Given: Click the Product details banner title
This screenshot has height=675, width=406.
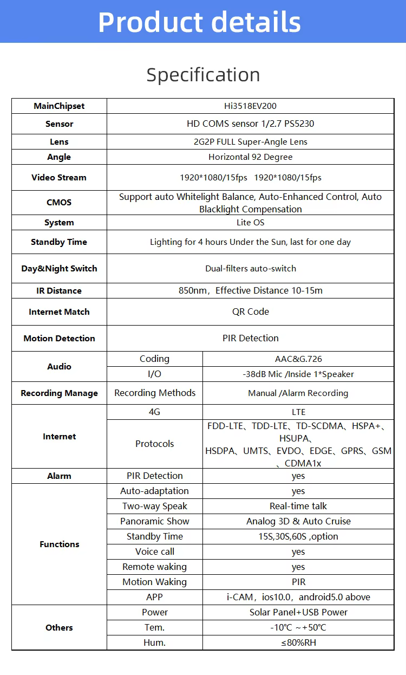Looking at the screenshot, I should click(199, 22).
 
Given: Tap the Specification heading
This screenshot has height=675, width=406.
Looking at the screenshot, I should click(203, 75).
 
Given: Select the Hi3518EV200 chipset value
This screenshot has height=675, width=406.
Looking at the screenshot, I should click(250, 106).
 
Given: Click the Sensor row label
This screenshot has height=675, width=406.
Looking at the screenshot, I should click(59, 124).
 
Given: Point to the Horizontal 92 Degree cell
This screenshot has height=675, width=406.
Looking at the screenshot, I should click(250, 157).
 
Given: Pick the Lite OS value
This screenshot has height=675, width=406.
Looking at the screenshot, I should click(250, 223).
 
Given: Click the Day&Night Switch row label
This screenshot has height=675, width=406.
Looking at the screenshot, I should click(59, 269).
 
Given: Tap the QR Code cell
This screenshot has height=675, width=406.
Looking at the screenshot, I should click(250, 312).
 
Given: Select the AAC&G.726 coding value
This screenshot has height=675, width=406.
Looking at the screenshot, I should click(298, 359).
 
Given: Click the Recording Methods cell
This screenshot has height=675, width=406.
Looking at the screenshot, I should click(155, 393).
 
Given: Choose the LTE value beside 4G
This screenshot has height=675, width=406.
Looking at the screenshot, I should click(298, 412).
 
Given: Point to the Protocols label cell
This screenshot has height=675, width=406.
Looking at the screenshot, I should click(155, 444).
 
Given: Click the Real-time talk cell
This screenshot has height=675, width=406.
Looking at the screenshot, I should click(298, 507).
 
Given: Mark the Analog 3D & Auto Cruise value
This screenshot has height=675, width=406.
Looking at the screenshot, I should click(298, 522).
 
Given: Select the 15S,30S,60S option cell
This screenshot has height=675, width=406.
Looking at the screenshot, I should click(298, 537).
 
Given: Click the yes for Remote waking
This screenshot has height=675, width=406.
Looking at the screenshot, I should click(298, 567).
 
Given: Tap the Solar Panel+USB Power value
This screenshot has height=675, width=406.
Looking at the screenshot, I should click(298, 613).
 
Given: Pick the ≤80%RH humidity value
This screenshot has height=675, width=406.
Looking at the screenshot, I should click(298, 643).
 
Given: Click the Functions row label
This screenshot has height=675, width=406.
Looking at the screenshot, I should click(59, 544).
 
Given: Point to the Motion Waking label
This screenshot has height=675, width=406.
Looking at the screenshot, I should click(155, 582).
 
